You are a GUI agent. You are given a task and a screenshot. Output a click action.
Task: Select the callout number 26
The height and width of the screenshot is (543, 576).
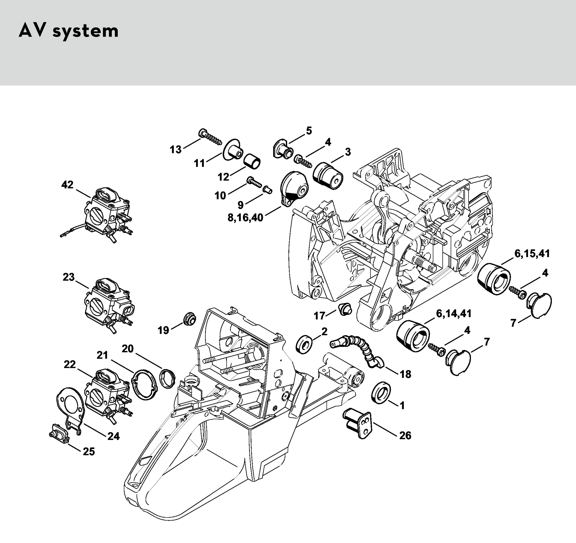click(405, 435)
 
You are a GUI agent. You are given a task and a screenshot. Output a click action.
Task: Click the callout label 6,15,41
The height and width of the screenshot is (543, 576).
click(532, 253)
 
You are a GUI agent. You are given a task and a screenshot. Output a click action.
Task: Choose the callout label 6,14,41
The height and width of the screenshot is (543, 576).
click(453, 313)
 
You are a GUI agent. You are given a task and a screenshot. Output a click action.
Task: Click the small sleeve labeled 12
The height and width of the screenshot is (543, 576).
click(252, 162)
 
